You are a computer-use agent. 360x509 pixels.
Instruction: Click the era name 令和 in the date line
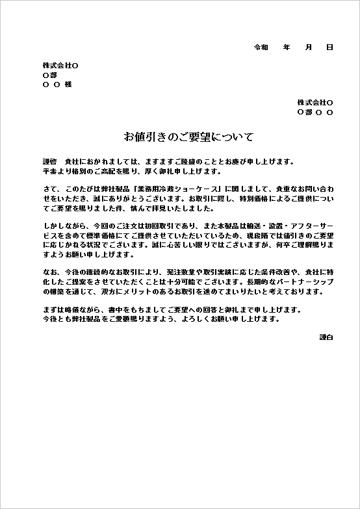260,47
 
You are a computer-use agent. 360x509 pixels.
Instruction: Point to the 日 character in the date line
329,47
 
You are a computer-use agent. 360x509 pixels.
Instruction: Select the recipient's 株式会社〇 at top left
60,66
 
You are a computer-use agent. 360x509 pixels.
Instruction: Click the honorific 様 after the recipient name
68,85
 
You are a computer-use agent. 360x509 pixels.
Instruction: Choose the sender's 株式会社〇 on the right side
315,103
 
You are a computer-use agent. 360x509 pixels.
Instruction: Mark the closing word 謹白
326,337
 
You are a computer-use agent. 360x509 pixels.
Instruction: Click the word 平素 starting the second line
50,172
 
